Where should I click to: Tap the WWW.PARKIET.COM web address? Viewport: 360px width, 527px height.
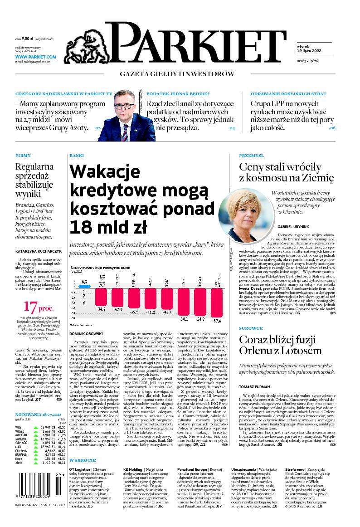coord(35,57)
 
